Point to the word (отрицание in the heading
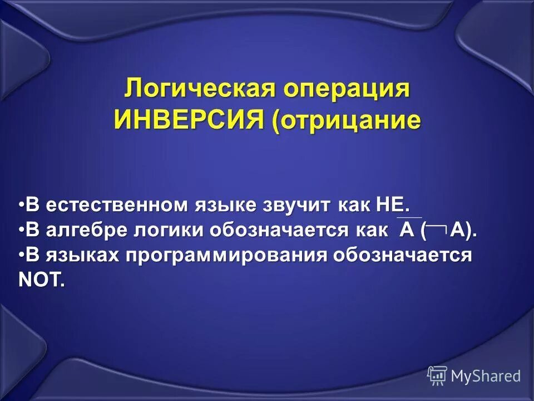pos(346,119)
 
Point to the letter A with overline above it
pos(407,229)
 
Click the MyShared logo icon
pos(437,376)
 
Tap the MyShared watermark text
pos(486,376)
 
